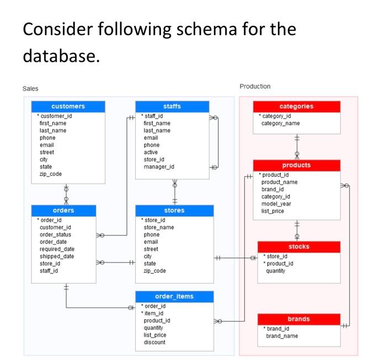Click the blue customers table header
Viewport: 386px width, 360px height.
[x=68, y=106]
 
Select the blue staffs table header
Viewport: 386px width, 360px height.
[x=172, y=106]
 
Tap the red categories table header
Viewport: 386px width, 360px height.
[x=296, y=106]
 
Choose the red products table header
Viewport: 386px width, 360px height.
[x=296, y=165]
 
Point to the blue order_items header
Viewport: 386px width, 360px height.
[x=174, y=296]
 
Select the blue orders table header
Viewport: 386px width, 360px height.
[x=63, y=210]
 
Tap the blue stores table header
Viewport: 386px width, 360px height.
[x=174, y=210]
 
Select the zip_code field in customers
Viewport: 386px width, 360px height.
[x=51, y=174]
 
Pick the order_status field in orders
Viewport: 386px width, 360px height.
[x=55, y=234]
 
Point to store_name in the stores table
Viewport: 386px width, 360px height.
[x=159, y=227]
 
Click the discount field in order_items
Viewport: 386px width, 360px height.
[x=154, y=342]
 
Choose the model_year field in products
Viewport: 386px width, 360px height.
[x=276, y=203]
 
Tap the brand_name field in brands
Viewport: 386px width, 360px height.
[x=282, y=336]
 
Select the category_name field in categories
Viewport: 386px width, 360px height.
[x=281, y=123]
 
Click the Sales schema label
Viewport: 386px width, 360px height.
[x=30, y=88]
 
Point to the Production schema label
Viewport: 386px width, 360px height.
[x=255, y=87]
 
